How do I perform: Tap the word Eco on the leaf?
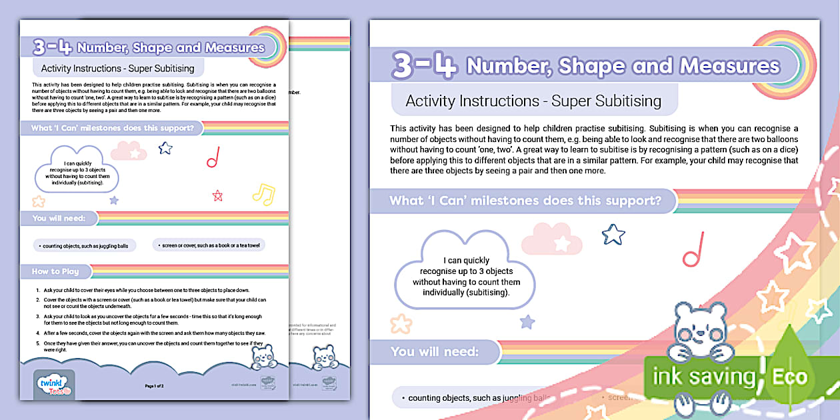[789, 377]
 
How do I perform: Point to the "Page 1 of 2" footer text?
[154, 386]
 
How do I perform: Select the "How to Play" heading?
[56, 271]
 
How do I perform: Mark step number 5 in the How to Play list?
[37, 343]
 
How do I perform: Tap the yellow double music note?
[263, 193]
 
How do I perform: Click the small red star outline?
[217, 195]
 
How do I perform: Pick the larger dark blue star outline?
[613, 234]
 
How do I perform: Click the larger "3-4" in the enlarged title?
[424, 65]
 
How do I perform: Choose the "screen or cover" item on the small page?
[209, 245]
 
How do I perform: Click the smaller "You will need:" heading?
[59, 218]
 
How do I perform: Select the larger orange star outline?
[401, 324]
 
